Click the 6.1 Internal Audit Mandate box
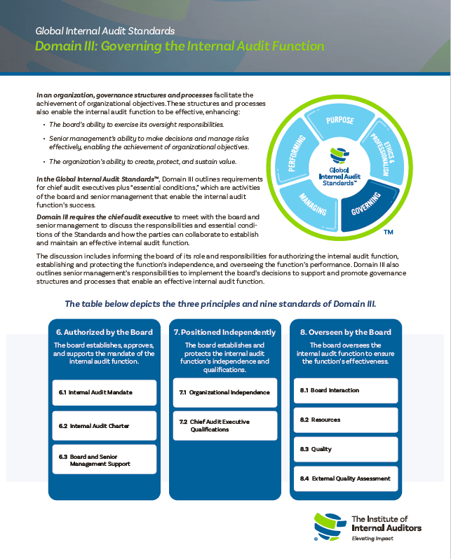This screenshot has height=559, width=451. click(104, 392)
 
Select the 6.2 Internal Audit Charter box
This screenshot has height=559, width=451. click(104, 425)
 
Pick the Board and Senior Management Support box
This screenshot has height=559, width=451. click(104, 460)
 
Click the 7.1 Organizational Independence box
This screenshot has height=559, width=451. click(224, 392)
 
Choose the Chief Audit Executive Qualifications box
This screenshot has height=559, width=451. click(224, 425)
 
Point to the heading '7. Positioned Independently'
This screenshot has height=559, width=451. click(224, 332)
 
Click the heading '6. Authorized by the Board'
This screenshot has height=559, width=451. click(104, 332)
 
